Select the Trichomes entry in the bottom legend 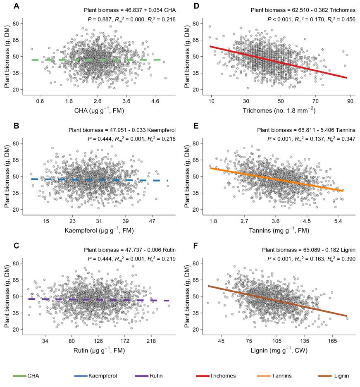pyautogui.click(x=222, y=376)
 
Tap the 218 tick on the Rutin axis pyautogui.click(x=150, y=341)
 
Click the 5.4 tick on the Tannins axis pyautogui.click(x=338, y=220)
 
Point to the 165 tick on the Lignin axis pyautogui.click(x=332, y=341)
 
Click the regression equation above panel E pyautogui.click(x=303, y=130)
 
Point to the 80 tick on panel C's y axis pyautogui.click(x=19, y=263)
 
